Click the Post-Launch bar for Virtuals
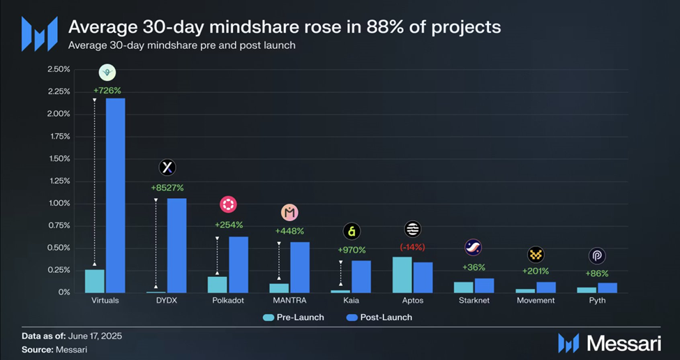click(x=115, y=195)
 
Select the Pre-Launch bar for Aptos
click(x=402, y=275)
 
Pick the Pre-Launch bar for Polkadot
click(x=218, y=285)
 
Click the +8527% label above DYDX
click(x=167, y=188)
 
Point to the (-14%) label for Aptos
click(x=412, y=247)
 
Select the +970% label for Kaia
click(x=352, y=250)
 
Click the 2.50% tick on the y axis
click(x=59, y=69)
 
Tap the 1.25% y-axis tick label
click(x=59, y=181)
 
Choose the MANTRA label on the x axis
click(x=289, y=301)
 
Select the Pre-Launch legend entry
click(x=293, y=317)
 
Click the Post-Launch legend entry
click(x=379, y=317)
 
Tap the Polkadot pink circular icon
click(x=228, y=204)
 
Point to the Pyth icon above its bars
click(x=597, y=255)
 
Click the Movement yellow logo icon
click(x=536, y=254)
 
